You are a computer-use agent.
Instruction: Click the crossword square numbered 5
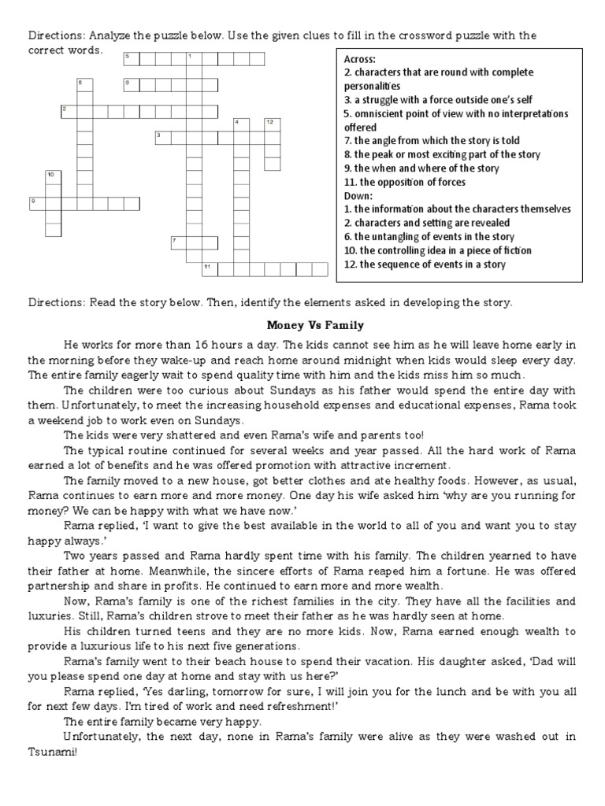coord(131,59)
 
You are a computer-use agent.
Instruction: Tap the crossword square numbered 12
coord(271,124)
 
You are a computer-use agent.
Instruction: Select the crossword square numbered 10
coord(52,176)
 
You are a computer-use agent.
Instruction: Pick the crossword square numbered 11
coord(209,269)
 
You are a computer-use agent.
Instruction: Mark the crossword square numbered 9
coord(36,203)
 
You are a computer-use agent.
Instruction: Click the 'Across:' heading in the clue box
coord(360,58)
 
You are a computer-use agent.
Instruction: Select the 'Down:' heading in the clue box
coord(359,195)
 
